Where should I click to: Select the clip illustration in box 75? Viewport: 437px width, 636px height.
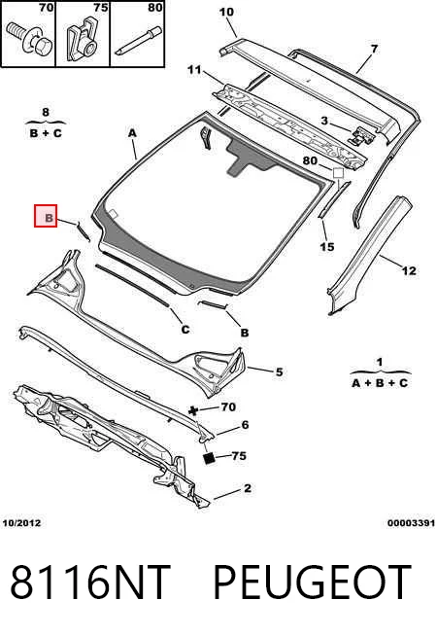[x=83, y=42]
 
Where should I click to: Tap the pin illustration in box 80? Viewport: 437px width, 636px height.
[x=138, y=41]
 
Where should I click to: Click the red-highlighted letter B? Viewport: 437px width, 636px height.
[x=49, y=218]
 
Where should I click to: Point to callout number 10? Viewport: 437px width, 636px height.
[x=226, y=12]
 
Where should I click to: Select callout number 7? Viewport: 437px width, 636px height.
[x=374, y=50]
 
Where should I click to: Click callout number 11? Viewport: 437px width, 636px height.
[x=194, y=70]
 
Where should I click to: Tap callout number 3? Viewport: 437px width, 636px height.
[x=324, y=121]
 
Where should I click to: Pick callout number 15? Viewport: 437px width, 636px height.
[x=327, y=246]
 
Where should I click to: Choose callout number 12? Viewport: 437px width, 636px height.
[x=409, y=270]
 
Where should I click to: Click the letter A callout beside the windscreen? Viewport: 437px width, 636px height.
[x=132, y=132]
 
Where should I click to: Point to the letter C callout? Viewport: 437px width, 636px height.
[x=185, y=329]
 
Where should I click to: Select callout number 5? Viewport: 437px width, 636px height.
[x=279, y=371]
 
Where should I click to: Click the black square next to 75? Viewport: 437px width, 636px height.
[x=210, y=458]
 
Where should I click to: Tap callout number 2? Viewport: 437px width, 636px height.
[x=248, y=488]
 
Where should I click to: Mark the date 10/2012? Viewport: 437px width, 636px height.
[x=21, y=523]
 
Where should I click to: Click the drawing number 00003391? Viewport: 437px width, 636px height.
[x=411, y=523]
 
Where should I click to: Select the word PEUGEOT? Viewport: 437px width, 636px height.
[x=313, y=582]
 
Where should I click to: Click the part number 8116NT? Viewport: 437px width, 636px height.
[x=90, y=582]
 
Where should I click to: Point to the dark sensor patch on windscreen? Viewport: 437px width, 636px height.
[x=247, y=157]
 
